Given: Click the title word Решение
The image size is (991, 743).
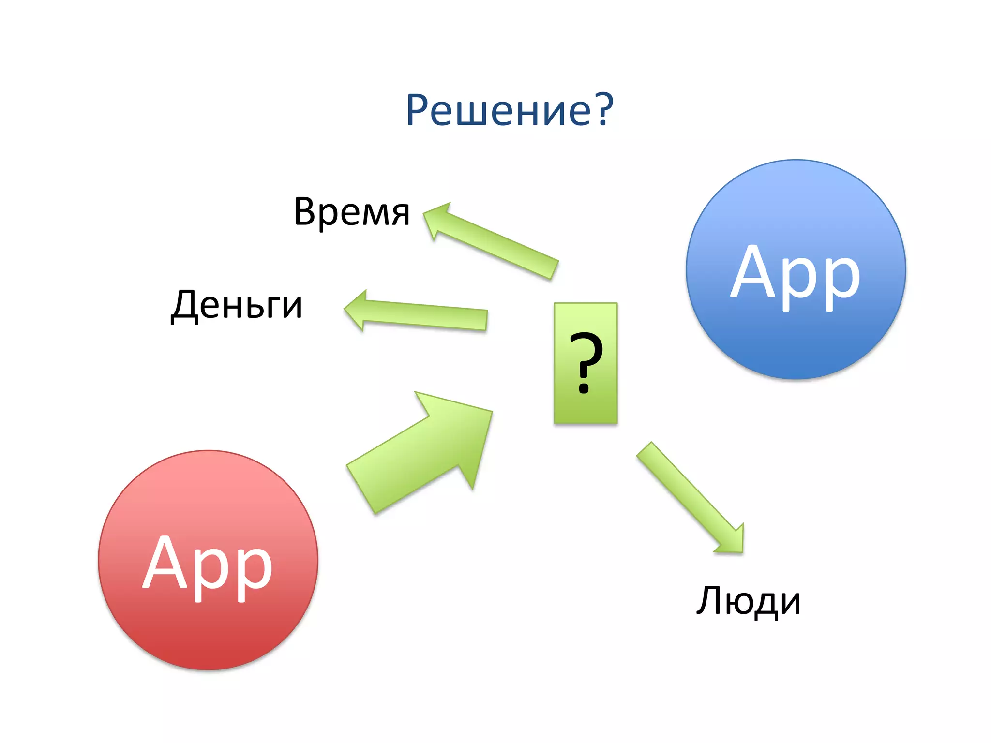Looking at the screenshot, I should [x=498, y=110].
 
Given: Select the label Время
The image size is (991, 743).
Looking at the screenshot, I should [x=352, y=211].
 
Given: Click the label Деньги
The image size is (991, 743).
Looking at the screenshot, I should [x=237, y=305].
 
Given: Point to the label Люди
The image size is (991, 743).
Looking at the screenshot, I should [x=748, y=601].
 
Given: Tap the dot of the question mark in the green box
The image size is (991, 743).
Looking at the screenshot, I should [x=585, y=387].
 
